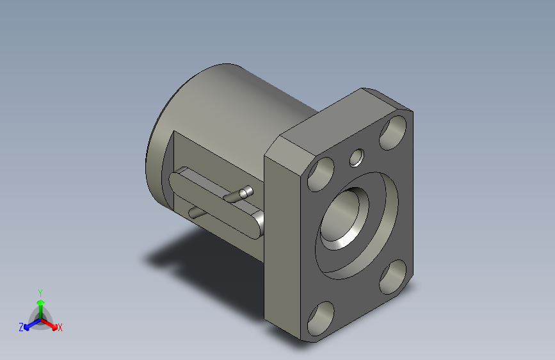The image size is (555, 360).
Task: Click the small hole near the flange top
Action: [356, 157]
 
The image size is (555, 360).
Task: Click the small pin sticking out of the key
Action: [244, 191]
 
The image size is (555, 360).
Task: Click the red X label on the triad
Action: [60, 328]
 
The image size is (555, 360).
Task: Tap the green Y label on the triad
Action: [40, 291]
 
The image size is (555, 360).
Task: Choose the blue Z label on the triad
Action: [20, 327]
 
